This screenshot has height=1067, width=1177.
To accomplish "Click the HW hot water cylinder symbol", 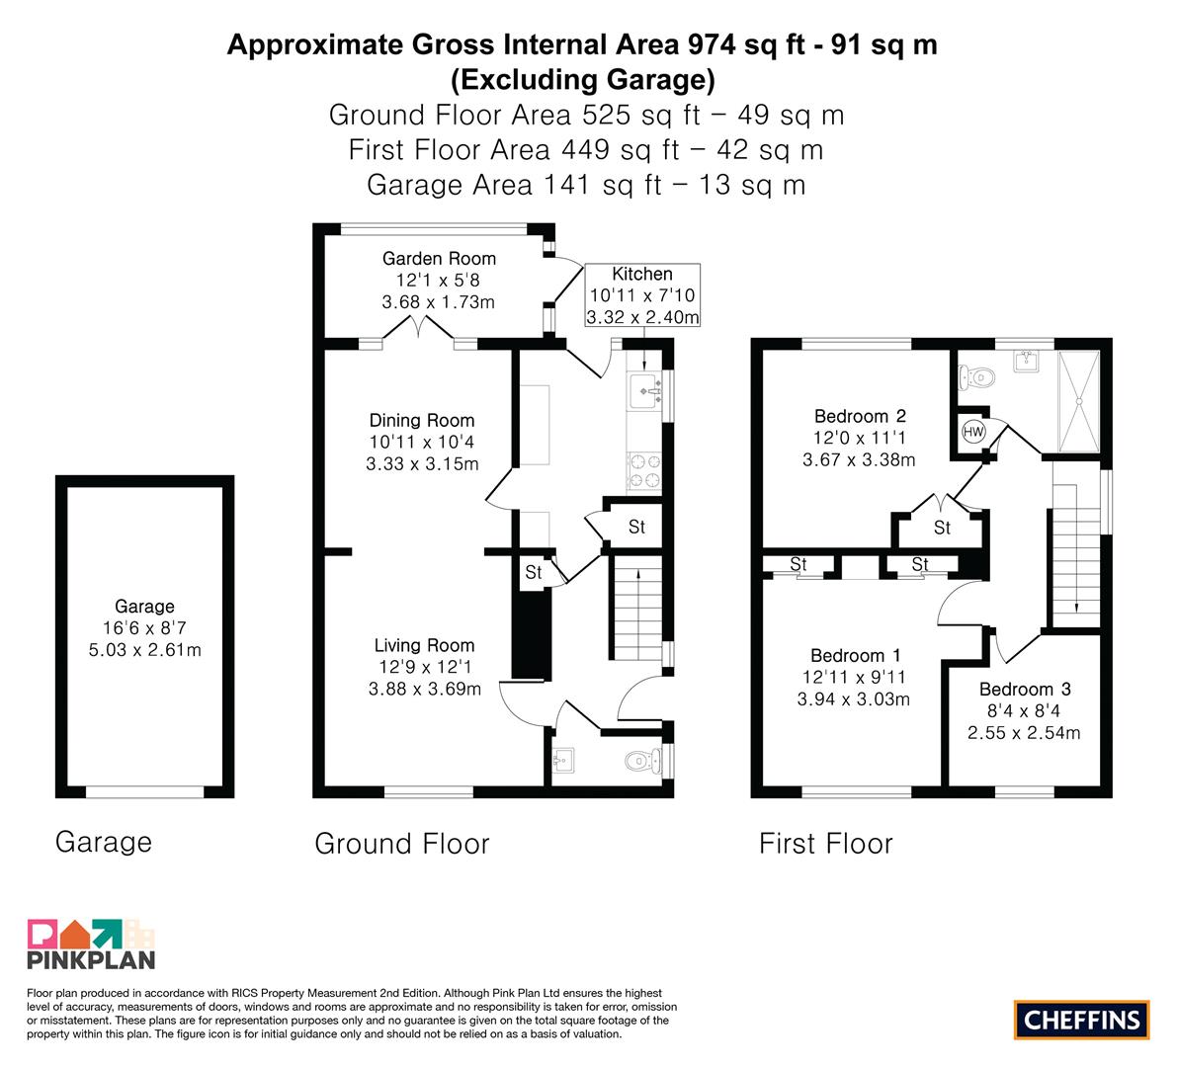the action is [973, 432].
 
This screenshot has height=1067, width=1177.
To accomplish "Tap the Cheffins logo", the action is [1082, 1020].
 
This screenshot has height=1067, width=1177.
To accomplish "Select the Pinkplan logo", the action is [91, 944].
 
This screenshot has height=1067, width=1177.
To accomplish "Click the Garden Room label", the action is [439, 259].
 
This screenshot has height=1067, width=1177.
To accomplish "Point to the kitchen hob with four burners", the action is [644, 471].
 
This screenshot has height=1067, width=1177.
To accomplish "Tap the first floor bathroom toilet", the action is [976, 376].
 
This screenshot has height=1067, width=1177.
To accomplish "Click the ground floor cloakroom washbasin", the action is [562, 761].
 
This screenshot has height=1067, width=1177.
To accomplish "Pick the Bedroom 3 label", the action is [1025, 689].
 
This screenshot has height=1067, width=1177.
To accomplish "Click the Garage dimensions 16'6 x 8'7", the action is [144, 628].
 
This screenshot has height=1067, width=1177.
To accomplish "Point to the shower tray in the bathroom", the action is [1078, 401].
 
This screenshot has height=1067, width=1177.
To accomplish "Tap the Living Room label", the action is [424, 645].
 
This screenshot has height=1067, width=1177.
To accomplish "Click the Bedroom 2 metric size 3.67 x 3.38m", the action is [859, 460].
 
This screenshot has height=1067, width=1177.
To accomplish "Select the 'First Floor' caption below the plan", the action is [826, 844].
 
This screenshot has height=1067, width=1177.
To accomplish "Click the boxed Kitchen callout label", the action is [641, 294].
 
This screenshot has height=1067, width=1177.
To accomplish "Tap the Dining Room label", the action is [422, 420].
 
